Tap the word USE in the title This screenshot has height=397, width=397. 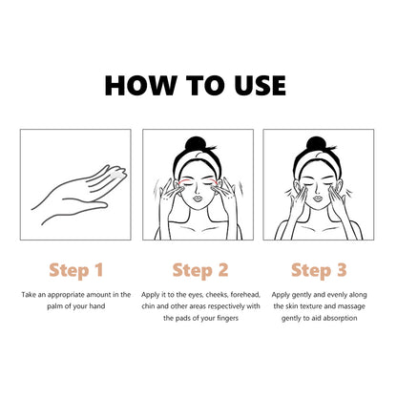[260, 85]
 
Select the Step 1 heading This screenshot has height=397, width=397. [76, 270]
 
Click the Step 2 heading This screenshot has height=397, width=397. [200, 270]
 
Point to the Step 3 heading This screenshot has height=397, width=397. [319, 270]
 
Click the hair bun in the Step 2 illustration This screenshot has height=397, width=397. [196, 144]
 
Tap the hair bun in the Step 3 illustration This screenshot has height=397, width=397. [316, 144]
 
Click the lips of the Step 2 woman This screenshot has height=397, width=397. [198, 198]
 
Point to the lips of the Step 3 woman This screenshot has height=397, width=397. [318, 198]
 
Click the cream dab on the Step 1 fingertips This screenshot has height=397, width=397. [117, 174]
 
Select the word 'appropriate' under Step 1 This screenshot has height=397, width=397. [67, 295]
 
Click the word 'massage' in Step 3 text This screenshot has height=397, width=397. [351, 306]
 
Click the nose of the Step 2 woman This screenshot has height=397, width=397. [198, 190]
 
